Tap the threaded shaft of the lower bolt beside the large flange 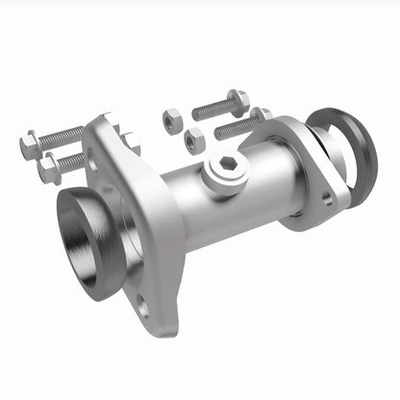coord(73,161)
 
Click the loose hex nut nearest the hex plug coord(195,138)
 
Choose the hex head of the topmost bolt coord(238,99)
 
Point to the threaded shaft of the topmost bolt coord(211,109)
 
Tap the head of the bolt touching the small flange coord(262,116)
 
